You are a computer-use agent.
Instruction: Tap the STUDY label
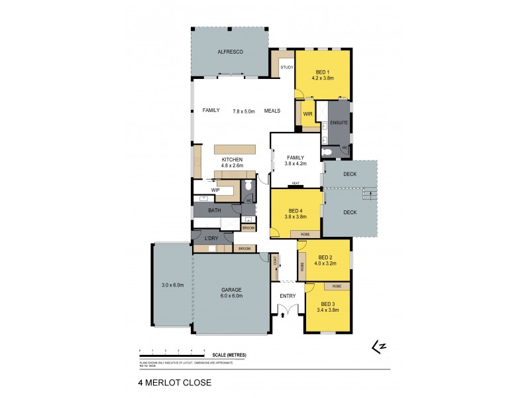[287, 68]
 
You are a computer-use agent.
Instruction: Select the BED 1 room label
[322, 72]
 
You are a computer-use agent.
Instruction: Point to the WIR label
[307, 114]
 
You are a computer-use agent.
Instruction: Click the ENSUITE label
[339, 121]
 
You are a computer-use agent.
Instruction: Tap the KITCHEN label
[232, 160]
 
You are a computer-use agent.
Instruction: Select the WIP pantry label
[215, 190]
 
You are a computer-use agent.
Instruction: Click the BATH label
[215, 210]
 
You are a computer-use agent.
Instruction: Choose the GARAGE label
[231, 290]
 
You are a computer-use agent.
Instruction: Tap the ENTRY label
[287, 296]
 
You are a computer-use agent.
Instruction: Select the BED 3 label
[328, 304]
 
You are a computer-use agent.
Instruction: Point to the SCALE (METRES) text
[227, 355]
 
